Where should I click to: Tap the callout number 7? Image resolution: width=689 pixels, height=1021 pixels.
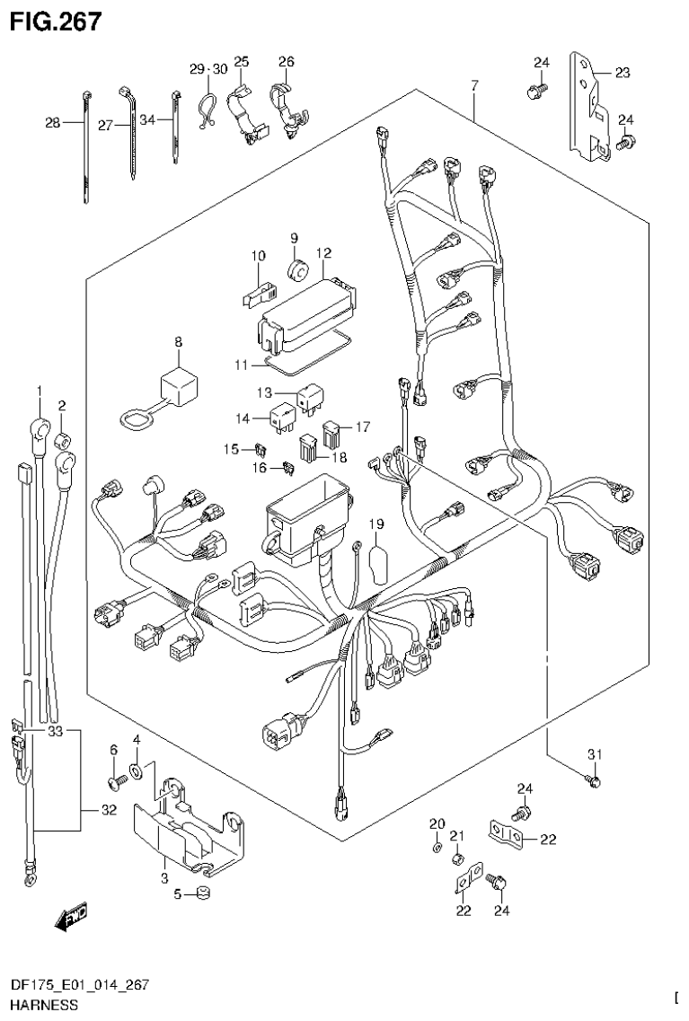click(x=474, y=85)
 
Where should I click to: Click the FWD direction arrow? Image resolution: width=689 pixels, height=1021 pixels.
click(x=70, y=917)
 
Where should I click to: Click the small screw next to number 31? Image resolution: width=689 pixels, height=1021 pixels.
click(x=591, y=781)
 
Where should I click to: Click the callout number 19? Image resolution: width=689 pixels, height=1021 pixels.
click(x=375, y=524)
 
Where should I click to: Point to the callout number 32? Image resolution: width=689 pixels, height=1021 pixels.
click(x=109, y=812)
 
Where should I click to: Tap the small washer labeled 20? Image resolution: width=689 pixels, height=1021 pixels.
click(x=436, y=846)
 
